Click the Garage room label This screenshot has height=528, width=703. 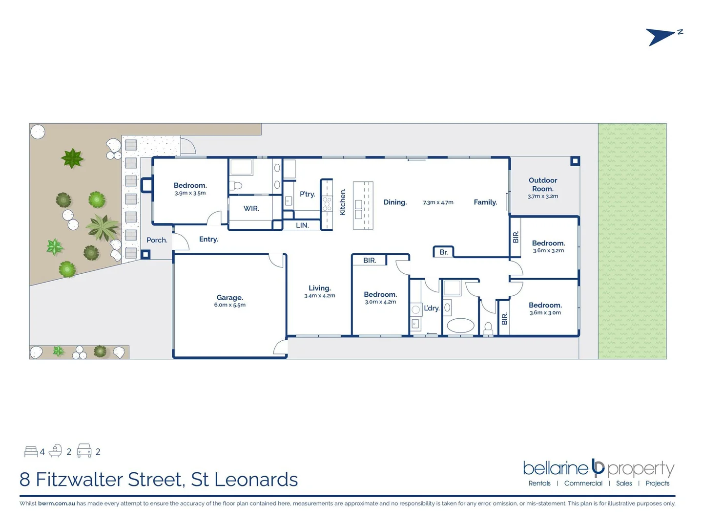[x=229, y=297]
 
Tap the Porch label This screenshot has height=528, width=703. [x=157, y=240]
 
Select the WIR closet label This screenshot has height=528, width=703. [x=251, y=209]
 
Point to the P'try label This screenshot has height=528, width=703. [x=307, y=194]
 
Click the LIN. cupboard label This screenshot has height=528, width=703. [x=302, y=225]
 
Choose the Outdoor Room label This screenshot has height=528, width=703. [x=542, y=184]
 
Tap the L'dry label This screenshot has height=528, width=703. [x=432, y=308]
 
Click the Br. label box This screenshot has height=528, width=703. [x=443, y=252]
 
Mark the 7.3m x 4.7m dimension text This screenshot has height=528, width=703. [x=438, y=202]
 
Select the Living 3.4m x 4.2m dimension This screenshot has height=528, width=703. [x=320, y=296]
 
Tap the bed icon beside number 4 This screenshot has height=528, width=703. [x=31, y=451]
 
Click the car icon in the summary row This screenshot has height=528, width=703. [x=84, y=451]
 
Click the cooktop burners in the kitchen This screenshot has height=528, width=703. [x=327, y=204]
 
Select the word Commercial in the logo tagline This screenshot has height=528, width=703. [x=583, y=484]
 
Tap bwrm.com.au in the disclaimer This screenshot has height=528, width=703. [x=57, y=504]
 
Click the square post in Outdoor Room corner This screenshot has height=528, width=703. [x=575, y=161]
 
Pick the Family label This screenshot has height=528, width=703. [x=485, y=202]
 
